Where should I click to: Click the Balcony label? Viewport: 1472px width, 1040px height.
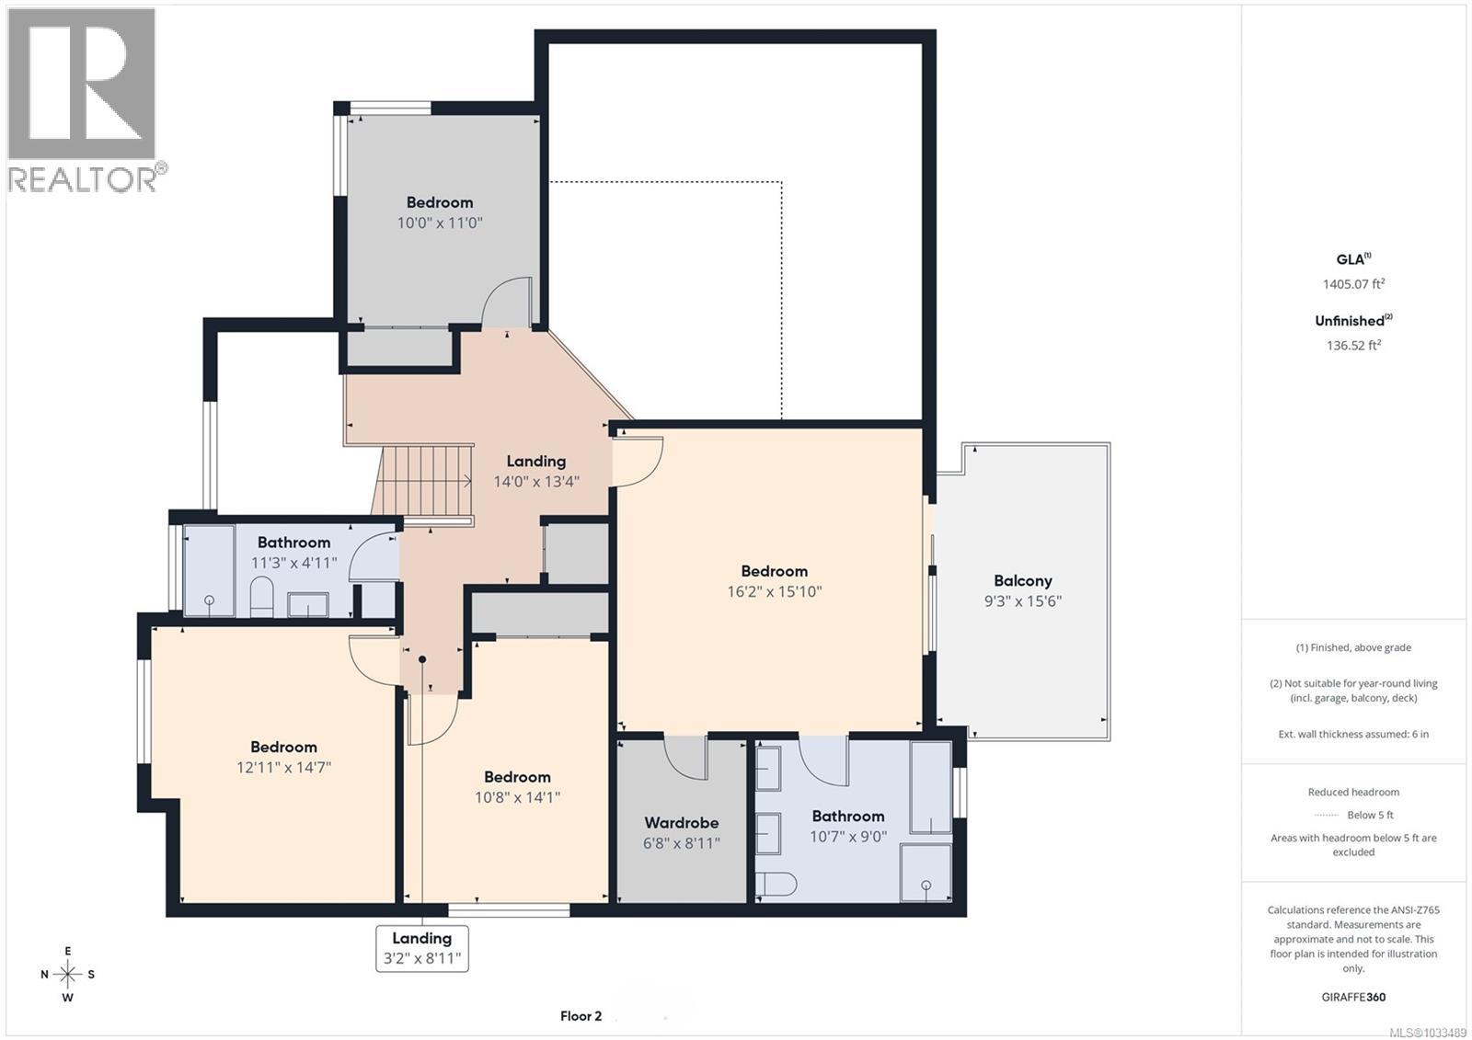pos(1022,581)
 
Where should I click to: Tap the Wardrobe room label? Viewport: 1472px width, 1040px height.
pos(681,823)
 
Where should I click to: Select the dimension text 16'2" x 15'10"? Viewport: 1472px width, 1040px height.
pos(774,591)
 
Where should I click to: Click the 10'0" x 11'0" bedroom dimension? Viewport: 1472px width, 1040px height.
pos(440,223)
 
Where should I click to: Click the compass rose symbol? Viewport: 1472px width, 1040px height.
pos(67,974)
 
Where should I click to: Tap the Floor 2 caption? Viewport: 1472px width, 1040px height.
pos(581,1016)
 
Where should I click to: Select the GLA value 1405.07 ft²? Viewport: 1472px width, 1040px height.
pos(1352,284)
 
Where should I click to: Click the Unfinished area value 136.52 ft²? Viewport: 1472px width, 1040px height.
pos(1352,346)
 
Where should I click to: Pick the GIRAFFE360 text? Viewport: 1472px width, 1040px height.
pos(1353,997)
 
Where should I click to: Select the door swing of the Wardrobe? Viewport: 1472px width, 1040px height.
pos(686,758)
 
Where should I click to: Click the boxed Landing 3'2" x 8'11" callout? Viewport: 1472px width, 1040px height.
pos(422,948)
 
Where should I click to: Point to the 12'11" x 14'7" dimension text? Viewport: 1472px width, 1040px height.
pos(283,767)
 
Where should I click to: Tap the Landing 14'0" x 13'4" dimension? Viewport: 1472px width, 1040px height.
pos(536,481)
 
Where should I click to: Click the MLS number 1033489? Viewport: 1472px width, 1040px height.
pos(1427,1032)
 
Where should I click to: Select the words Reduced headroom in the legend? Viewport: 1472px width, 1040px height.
pos(1353,792)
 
